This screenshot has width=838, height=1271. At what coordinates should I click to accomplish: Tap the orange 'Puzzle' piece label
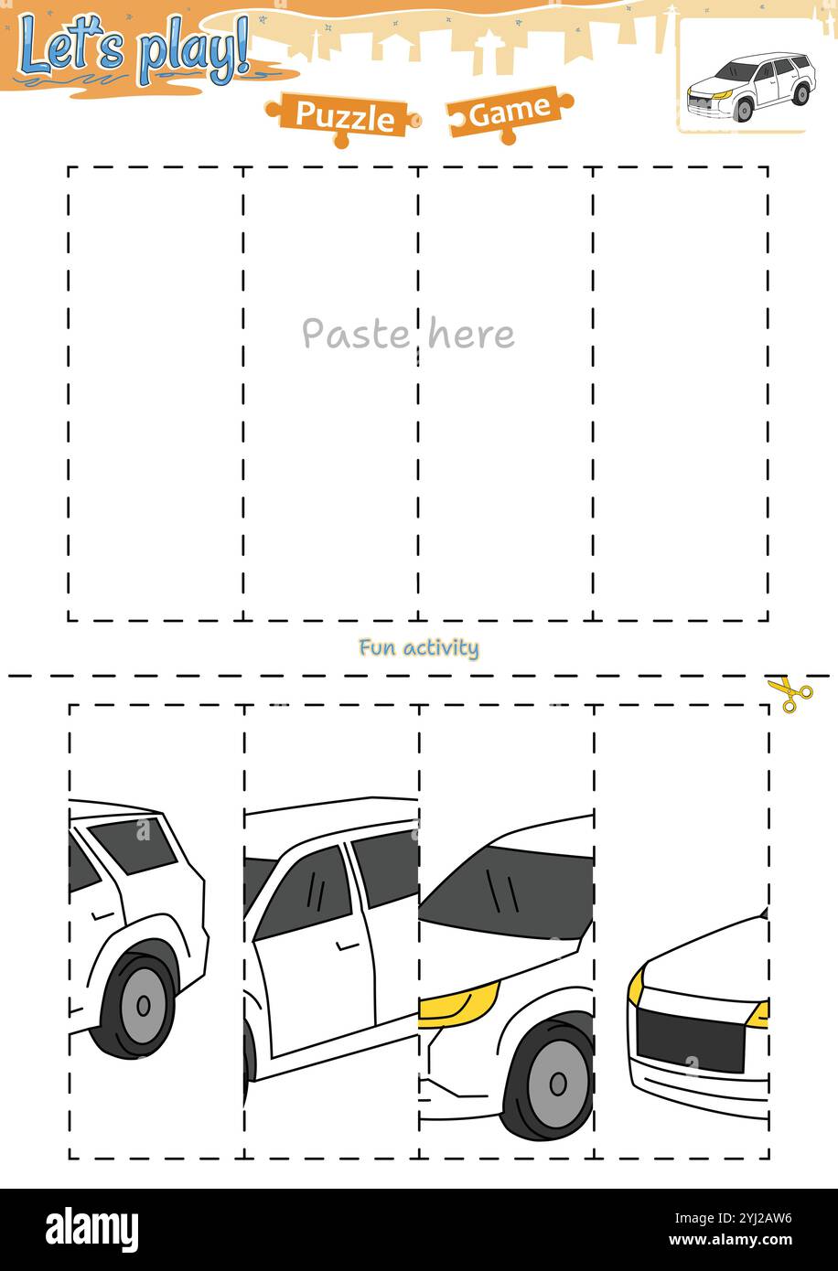[x=344, y=117]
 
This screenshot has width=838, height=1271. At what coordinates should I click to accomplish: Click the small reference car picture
[x=748, y=86]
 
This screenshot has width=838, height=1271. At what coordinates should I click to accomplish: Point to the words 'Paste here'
[x=408, y=335]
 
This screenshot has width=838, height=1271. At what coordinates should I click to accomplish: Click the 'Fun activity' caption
[x=418, y=648]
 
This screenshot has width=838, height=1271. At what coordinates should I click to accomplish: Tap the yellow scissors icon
[x=790, y=695]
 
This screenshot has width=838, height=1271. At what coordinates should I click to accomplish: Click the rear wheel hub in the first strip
[x=143, y=1006]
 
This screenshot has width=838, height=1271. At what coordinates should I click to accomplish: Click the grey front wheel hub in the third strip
[x=558, y=1084]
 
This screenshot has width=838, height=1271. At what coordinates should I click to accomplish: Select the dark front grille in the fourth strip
[x=691, y=1040]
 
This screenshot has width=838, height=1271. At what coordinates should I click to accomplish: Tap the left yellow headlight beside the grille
[x=635, y=986]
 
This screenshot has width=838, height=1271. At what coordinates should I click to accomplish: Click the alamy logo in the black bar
[x=91, y=1229]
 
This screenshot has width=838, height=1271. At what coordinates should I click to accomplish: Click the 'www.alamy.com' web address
[x=740, y=1241]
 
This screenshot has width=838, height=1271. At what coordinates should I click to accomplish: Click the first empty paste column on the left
[x=155, y=393]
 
